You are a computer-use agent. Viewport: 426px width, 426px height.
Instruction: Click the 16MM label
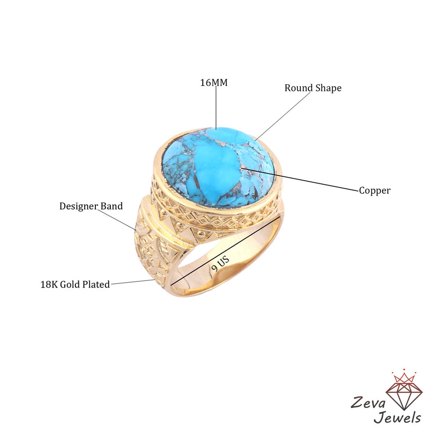[213, 83]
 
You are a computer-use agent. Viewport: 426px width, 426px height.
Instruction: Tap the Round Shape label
[313, 88]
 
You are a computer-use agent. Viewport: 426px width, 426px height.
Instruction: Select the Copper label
[375, 190]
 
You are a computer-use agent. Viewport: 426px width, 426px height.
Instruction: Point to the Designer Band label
[91, 206]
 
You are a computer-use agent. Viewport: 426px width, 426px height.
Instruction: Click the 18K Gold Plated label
[75, 284]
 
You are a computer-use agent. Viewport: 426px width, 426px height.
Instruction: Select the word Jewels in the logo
[397, 417]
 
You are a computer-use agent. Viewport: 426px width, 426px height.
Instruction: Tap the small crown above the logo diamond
[404, 377]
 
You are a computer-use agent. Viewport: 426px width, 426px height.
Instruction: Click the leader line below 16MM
[216, 106]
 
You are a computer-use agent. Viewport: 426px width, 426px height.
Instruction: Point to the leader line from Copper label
[302, 180]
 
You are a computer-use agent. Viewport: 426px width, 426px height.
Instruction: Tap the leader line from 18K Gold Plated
[133, 282]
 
